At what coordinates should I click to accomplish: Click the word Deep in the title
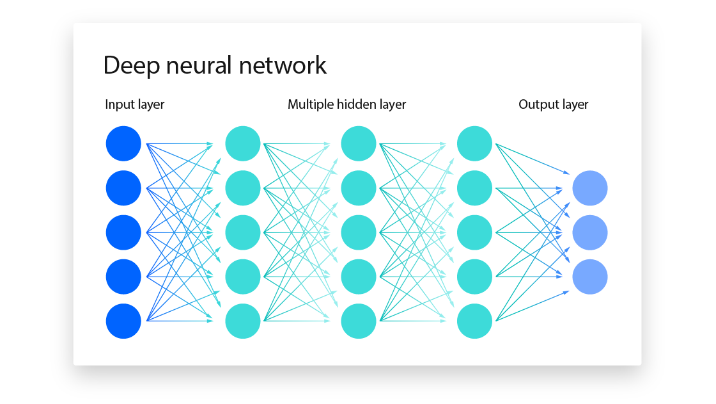point(130,66)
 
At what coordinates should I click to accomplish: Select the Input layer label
point(135,104)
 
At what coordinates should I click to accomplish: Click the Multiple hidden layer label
point(346,104)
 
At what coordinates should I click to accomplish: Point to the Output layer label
point(553,104)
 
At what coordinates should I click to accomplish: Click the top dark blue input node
point(123,143)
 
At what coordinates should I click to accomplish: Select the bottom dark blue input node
point(123,321)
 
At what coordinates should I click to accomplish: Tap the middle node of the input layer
point(123,232)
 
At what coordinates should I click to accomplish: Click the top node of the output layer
point(589,188)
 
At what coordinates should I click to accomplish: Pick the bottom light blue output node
point(589,277)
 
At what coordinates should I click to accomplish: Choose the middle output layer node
point(589,232)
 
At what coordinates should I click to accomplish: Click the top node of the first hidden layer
point(243,143)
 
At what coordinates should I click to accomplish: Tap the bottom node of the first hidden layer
point(243,321)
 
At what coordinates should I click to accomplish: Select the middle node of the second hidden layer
point(359,232)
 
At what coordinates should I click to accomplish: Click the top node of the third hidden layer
point(475,143)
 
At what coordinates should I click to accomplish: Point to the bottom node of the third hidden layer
point(475,321)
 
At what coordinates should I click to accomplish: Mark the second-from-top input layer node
point(123,188)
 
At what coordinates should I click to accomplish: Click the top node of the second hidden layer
point(359,143)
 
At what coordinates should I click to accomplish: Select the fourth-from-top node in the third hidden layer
point(475,277)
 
